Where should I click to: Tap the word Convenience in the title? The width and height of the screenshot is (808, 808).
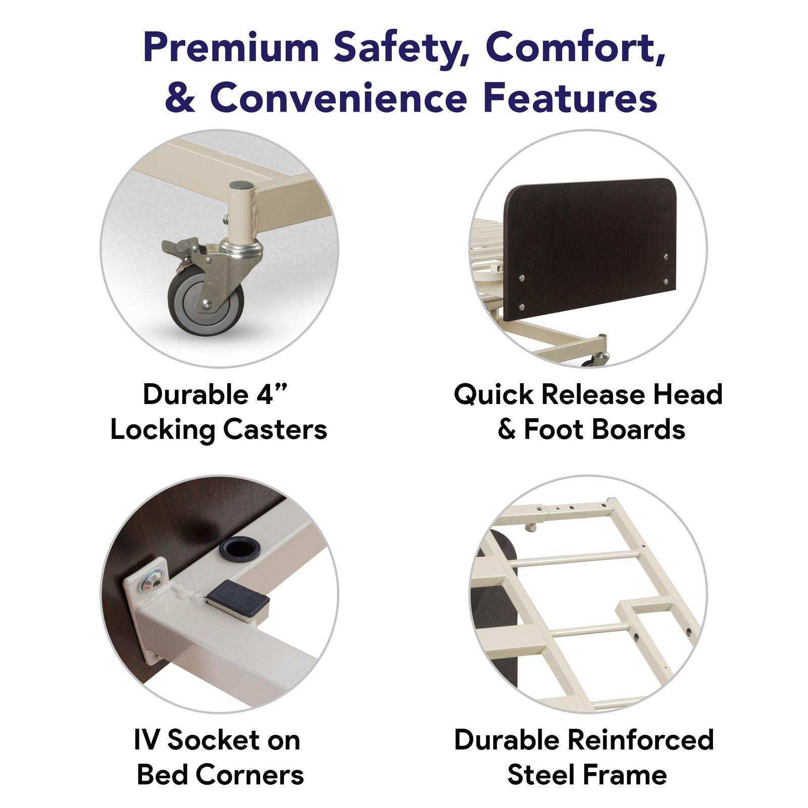click(x=337, y=98)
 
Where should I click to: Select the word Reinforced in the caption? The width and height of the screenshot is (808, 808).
click(x=640, y=740)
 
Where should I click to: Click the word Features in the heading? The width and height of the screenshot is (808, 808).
click(x=570, y=98)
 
